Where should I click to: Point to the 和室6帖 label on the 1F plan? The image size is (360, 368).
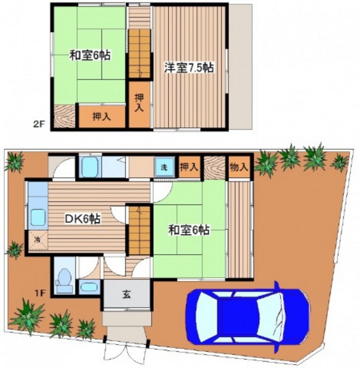click(189, 231)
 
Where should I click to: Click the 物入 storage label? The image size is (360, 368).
click(238, 167)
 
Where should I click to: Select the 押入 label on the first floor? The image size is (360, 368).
click(189, 167)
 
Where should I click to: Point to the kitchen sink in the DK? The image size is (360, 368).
click(37, 217)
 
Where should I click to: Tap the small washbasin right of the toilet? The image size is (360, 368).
click(88, 287)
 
